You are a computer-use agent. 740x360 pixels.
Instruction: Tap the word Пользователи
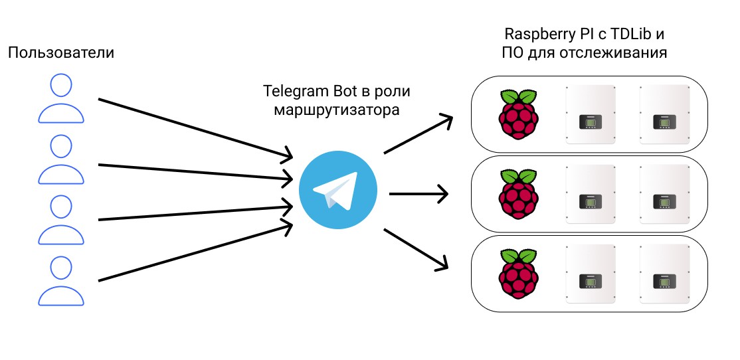click(61, 52)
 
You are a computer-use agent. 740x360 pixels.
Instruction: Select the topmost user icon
click(61, 100)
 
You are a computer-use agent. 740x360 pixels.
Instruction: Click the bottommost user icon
click(61, 282)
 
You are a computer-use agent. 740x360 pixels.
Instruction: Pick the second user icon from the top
click(61, 160)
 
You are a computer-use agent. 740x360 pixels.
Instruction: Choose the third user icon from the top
click(61, 221)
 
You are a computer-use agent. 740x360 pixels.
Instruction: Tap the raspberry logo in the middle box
click(517, 194)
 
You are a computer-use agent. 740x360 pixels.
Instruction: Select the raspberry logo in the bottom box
click(517, 273)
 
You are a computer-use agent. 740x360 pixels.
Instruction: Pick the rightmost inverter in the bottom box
click(664, 273)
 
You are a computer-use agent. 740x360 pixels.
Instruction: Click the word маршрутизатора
click(337, 110)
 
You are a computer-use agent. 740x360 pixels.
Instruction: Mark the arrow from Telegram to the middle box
click(418, 194)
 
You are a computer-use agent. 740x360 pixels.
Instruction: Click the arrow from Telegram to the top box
click(418, 135)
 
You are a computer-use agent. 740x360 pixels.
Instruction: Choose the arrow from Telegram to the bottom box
click(417, 249)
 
